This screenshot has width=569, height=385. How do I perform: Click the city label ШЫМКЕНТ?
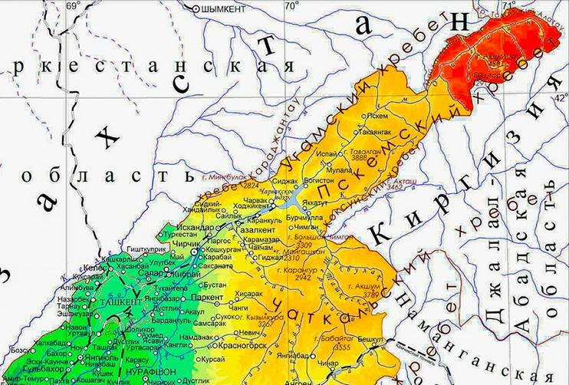click(x=223, y=8)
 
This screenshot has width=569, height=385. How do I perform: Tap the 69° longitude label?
click(x=73, y=6)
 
